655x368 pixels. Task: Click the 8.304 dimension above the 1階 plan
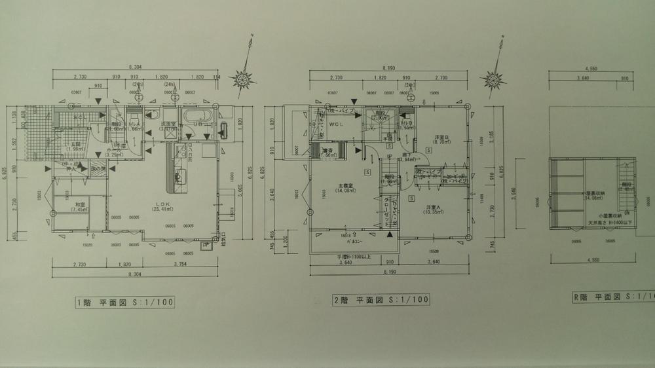(136, 66)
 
